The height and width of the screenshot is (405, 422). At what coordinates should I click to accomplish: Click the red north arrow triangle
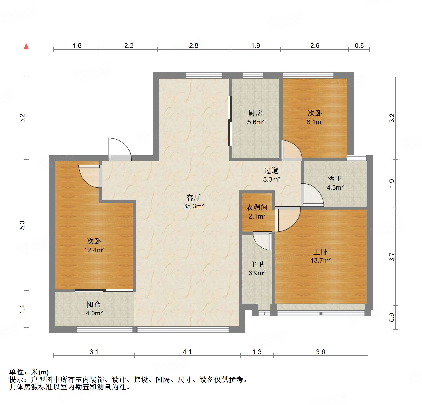26,46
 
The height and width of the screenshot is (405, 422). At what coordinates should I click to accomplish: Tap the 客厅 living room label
193,197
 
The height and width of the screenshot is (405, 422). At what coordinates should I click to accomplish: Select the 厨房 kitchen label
255,113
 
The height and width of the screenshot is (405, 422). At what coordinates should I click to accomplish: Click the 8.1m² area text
315,122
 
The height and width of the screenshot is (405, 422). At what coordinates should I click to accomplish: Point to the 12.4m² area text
94,250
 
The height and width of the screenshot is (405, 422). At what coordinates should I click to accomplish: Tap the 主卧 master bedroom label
320,252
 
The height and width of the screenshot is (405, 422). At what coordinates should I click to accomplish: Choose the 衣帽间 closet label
257,208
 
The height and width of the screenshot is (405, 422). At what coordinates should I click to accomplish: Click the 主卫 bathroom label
257,264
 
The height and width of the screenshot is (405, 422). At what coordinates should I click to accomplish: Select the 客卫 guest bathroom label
335,179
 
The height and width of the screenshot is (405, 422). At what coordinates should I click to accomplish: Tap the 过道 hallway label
271,171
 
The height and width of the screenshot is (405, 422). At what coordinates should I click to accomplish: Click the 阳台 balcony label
94,304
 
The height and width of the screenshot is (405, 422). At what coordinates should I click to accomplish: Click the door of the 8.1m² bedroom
292,150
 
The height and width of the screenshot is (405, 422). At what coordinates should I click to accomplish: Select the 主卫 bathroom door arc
262,242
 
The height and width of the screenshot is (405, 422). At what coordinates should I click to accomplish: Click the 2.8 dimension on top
194,45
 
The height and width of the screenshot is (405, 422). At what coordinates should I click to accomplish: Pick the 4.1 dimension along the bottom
187,352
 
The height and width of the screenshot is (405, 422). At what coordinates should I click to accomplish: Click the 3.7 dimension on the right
391,257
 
